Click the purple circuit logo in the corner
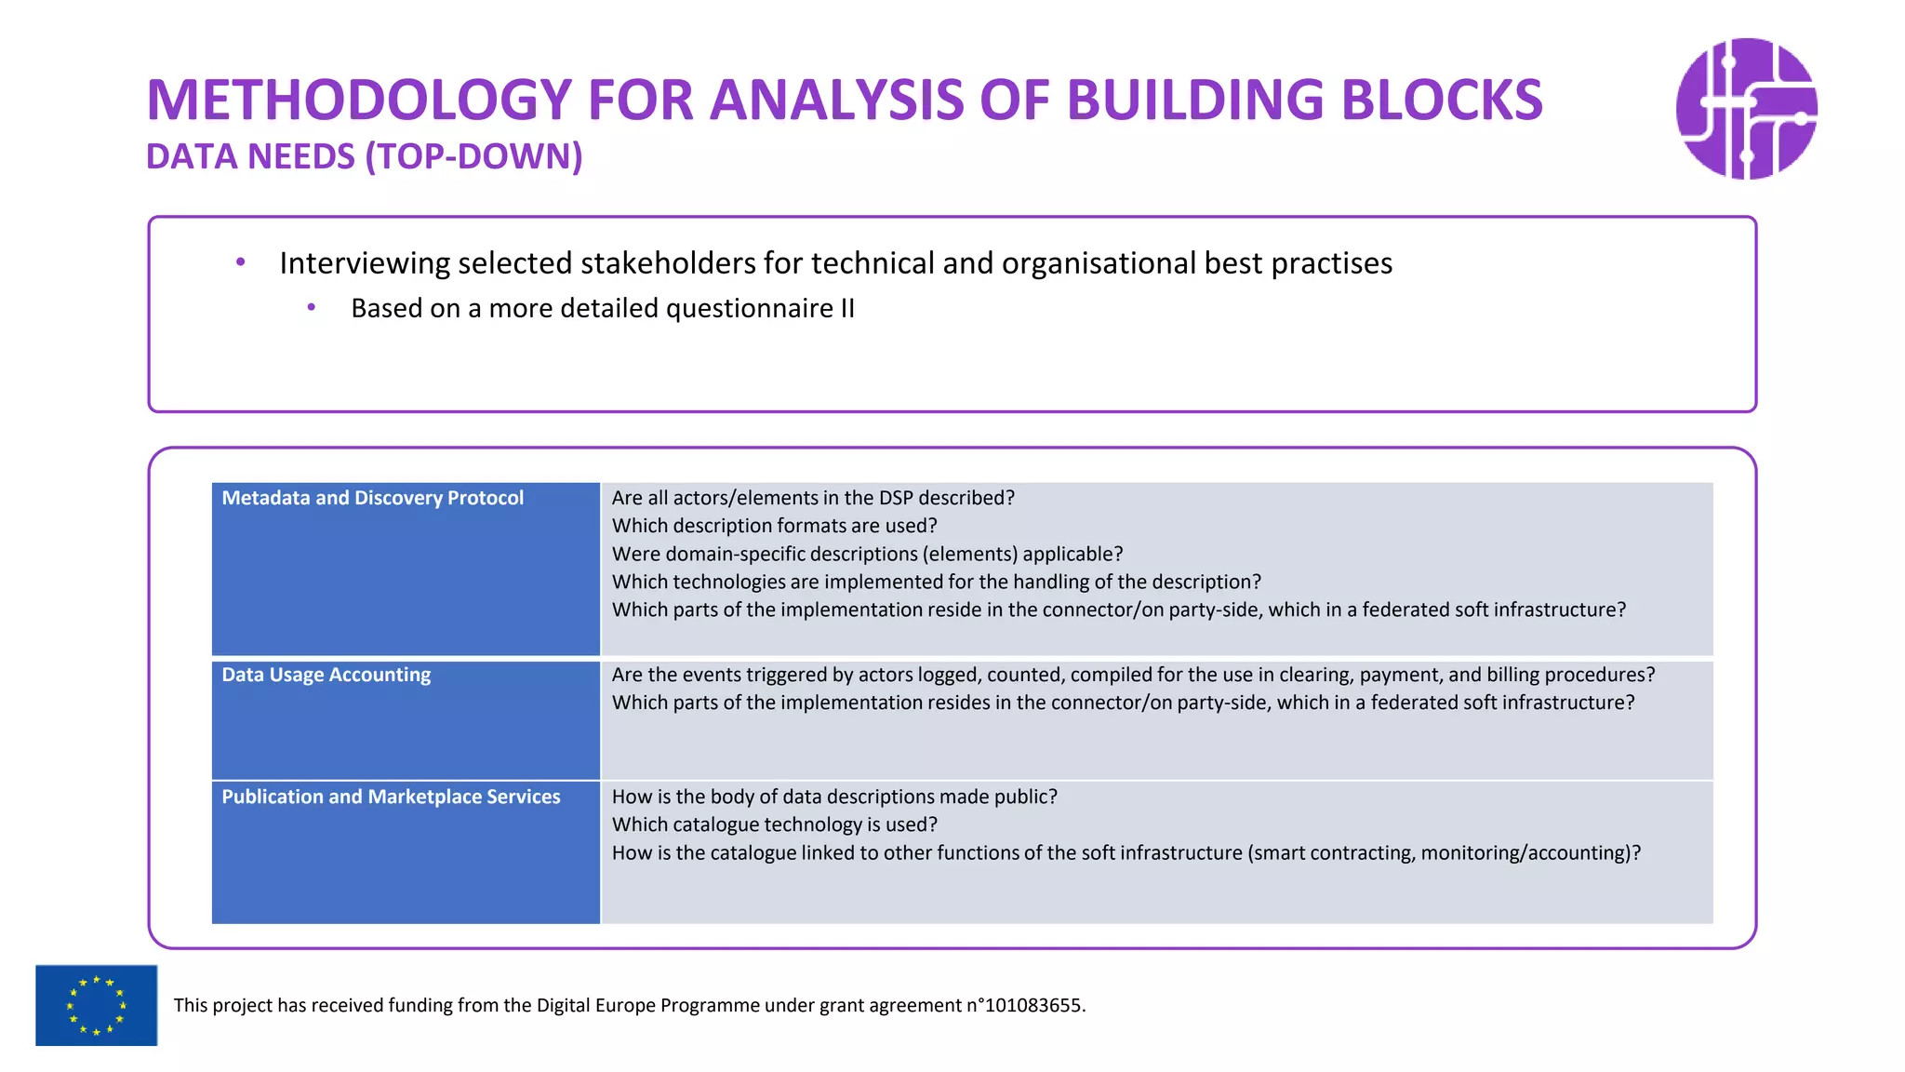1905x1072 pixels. coord(1746,108)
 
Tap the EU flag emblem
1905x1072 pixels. coord(96,1005)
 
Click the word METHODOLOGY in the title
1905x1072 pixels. coord(358,100)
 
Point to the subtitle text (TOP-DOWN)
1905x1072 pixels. coord(473,156)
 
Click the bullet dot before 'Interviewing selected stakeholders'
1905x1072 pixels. coord(241,263)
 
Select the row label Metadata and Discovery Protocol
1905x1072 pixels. coord(372,498)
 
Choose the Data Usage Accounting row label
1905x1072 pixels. coord(326,675)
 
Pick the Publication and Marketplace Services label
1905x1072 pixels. coord(391,797)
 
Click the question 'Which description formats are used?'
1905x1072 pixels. coord(774,526)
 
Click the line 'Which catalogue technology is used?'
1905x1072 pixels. coord(774,824)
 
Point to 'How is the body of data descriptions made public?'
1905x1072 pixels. coord(834,797)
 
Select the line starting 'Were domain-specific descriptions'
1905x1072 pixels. coord(867,554)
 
